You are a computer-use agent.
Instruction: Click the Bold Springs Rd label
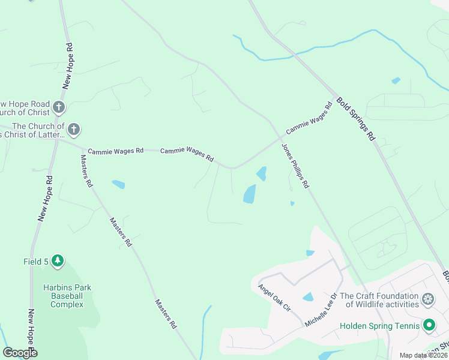coord(355,119)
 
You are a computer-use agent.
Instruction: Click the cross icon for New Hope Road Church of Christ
coord(58,107)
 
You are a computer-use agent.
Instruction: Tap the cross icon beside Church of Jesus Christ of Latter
coord(73,129)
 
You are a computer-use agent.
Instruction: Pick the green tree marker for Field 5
coord(58,261)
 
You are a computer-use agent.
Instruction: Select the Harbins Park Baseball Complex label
coord(67,296)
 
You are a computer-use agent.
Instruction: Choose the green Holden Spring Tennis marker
coord(429,326)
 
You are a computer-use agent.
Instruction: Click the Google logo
coord(20,353)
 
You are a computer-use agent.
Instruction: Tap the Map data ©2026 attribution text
coord(422,355)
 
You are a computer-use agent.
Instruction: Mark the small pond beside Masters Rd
coord(118,184)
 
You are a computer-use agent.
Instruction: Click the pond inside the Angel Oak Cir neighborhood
coord(308,297)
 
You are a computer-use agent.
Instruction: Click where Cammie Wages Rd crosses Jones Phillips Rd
coord(279,138)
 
